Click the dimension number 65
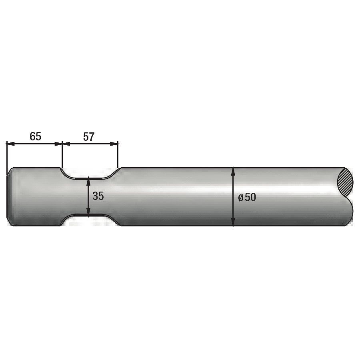pyautogui.click(x=35, y=136)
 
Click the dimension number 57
pyautogui.click(x=89, y=137)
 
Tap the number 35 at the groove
pyautogui.click(x=98, y=196)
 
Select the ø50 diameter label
pyautogui.click(x=247, y=197)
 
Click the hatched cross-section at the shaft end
pyautogui.click(x=345, y=182)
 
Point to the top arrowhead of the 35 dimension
pyautogui.click(x=88, y=181)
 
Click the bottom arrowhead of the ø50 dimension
pyautogui.click(x=233, y=223)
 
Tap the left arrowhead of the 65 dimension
pyautogui.click(x=10, y=144)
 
